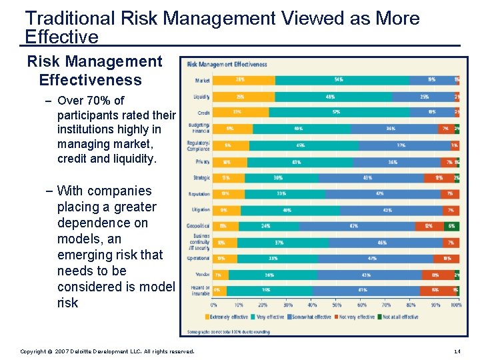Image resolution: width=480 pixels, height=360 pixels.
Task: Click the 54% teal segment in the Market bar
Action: pos(339,80)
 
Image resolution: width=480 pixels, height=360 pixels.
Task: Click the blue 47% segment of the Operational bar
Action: pos(372,258)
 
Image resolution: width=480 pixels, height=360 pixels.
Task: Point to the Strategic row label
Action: pos(201,178)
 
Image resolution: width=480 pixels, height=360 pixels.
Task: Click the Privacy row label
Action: pos(203,161)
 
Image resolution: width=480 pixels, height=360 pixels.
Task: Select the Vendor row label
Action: pos(203,274)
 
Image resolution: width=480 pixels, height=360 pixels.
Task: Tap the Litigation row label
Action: pos(201,210)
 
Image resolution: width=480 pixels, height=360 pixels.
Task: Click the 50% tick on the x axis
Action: pos(337,305)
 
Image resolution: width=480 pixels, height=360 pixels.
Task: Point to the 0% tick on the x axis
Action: pos(213,305)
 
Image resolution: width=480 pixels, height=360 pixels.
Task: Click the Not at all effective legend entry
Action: pos(399,317)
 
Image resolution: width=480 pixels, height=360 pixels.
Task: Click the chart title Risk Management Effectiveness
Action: pos(227,65)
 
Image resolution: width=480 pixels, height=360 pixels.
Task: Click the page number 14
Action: pos(457,351)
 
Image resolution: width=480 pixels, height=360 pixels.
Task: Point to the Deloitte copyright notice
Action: pos(107,351)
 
